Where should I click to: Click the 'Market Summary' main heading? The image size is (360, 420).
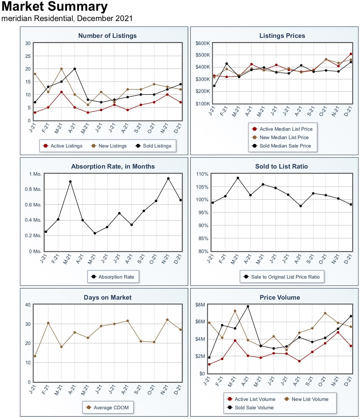coord(54,6)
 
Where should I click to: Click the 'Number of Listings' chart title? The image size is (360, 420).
coord(107,36)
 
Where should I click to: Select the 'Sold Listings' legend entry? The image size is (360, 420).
coord(153,146)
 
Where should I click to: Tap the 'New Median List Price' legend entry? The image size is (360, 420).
coord(280,138)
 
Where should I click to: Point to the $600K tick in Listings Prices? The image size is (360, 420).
coord(202,43)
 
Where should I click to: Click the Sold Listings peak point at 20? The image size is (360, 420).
coord(75,69)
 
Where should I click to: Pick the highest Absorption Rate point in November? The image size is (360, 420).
coord(168,178)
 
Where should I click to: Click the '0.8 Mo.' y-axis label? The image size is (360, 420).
coord(33,189)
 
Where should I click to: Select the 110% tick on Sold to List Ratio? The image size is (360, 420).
coord(202,174)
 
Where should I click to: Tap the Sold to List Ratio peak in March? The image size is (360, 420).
coord(238,178)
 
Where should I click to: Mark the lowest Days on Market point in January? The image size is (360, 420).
coord(35,356)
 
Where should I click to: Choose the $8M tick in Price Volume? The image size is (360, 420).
coord(200,304)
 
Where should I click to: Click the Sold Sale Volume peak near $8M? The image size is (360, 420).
coord(248,306)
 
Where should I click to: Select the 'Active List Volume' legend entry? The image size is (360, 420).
coord(251,399)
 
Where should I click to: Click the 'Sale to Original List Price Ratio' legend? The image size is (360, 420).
coord(282,277)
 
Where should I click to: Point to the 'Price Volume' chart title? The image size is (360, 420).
coord(280,297)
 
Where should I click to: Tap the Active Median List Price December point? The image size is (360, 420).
coord(351,54)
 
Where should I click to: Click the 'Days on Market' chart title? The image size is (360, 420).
coord(107,297)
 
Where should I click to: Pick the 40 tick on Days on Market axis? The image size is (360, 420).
coord(28,304)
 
